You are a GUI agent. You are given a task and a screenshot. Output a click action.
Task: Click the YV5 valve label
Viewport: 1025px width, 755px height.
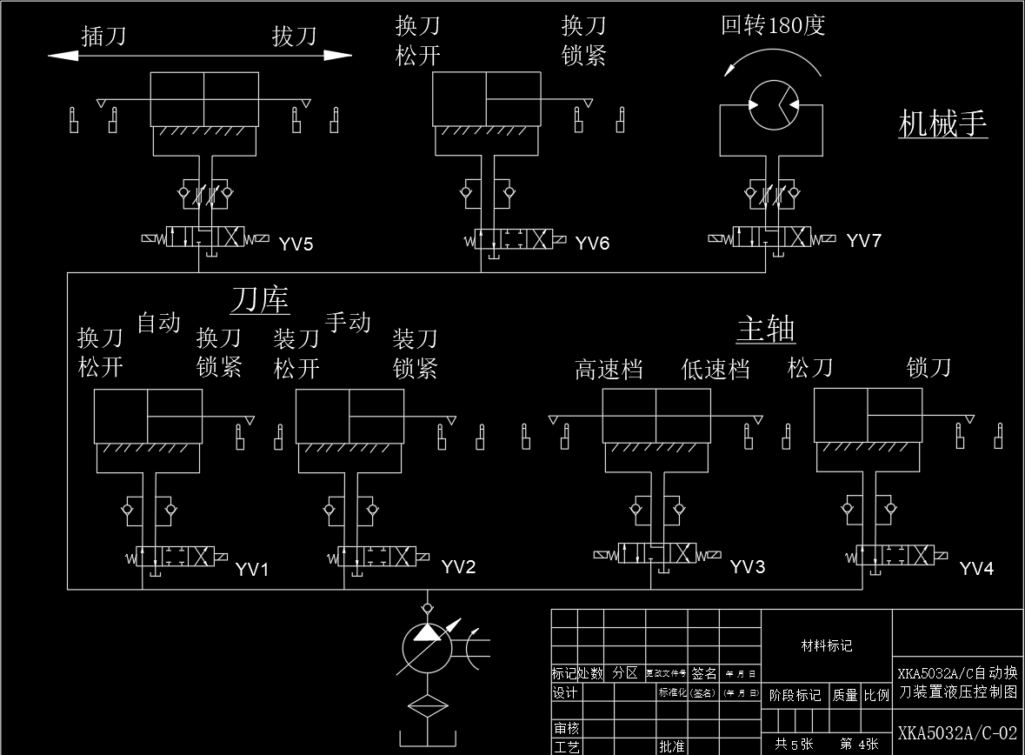click(296, 244)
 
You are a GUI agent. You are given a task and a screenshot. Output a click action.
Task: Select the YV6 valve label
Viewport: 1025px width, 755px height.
click(592, 244)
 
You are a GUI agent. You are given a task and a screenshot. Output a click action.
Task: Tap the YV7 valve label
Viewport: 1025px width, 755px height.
click(863, 241)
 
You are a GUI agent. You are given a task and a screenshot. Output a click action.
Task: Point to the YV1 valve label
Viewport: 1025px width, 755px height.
click(252, 570)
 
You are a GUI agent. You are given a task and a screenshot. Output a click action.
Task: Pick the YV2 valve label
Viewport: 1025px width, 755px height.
click(458, 567)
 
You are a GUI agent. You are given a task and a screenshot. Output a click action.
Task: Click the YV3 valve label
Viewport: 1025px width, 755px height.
click(747, 567)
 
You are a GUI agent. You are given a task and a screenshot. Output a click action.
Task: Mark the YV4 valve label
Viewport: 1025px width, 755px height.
click(976, 569)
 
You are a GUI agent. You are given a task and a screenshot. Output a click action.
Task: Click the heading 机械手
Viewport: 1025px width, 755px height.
click(942, 124)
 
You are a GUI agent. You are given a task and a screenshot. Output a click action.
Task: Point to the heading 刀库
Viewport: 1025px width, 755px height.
click(259, 300)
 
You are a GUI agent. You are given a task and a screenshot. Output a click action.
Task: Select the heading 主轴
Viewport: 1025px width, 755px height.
click(765, 330)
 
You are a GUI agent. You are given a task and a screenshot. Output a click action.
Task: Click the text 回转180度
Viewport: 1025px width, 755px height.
click(772, 25)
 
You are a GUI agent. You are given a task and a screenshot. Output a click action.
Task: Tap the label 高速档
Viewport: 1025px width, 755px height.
click(609, 370)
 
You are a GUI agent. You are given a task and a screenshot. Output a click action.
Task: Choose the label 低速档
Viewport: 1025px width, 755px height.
click(715, 370)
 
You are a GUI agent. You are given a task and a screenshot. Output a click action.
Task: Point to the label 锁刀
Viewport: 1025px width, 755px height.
click(928, 367)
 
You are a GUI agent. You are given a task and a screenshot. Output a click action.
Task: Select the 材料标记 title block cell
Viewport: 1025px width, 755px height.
click(826, 646)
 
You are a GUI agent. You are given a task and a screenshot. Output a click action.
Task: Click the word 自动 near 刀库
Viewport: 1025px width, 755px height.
click(158, 323)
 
